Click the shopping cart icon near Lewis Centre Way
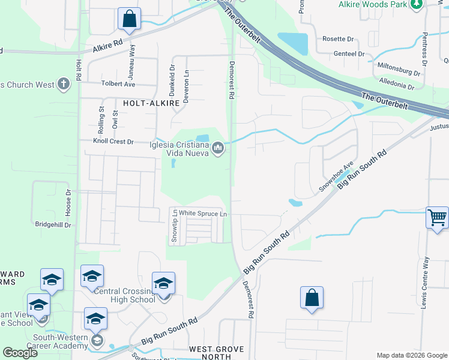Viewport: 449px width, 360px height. click(x=437, y=218)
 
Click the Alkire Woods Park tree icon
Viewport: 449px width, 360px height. click(x=416, y=4)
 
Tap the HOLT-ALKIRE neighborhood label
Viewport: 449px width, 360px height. click(x=151, y=103)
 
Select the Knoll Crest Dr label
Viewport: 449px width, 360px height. click(x=113, y=142)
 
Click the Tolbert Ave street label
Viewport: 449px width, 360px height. click(x=118, y=85)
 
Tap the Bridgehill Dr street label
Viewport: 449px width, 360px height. click(x=53, y=225)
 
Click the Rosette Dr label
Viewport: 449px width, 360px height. click(x=339, y=39)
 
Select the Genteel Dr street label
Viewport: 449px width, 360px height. click(x=349, y=54)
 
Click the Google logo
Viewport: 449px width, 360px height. click(x=20, y=353)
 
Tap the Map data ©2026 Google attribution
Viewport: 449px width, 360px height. click(x=411, y=355)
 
